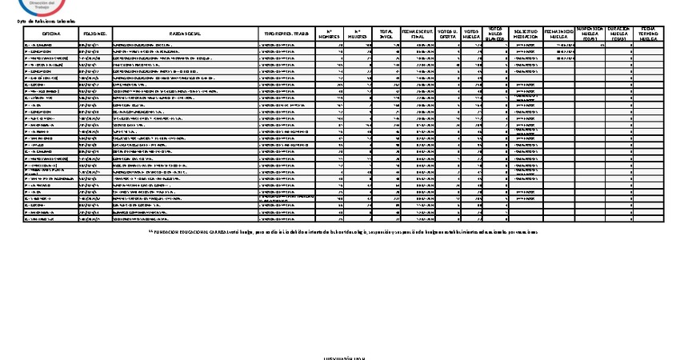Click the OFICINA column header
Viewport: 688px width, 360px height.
tap(51, 34)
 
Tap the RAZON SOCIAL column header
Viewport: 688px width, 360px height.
tap(185, 34)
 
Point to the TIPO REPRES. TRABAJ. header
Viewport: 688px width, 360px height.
tap(286, 34)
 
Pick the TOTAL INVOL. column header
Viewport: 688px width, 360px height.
tap(386, 34)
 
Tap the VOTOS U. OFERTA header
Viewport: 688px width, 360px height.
tap(448, 34)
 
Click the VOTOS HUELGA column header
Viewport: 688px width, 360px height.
tap(472, 34)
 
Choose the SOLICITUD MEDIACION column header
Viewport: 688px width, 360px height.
tap(525, 34)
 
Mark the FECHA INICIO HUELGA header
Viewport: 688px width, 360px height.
tap(558, 34)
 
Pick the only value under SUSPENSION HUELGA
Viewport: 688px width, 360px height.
tap(602, 46)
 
